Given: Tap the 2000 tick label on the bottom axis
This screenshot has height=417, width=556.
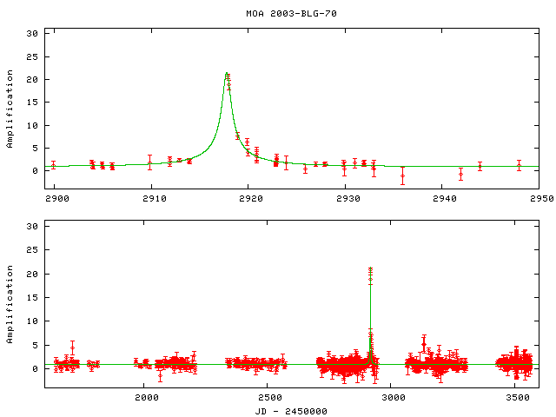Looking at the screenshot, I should tap(146, 397).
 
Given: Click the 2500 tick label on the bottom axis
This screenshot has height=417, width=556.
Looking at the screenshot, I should tap(270, 397).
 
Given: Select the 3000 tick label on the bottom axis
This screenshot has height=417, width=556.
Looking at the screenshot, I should tap(394, 397).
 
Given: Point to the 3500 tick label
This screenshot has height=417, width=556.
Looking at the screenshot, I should tap(518, 397).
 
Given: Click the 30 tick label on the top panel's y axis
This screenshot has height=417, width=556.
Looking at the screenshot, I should tap(34, 33).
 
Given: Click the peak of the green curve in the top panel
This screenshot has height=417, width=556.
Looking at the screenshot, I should tap(227, 73).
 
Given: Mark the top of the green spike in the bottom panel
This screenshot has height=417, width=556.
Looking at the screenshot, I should tap(371, 269).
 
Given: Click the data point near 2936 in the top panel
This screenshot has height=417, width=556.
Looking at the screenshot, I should tap(402, 175).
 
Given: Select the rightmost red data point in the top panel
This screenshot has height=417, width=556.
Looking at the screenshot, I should tap(519, 164).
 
